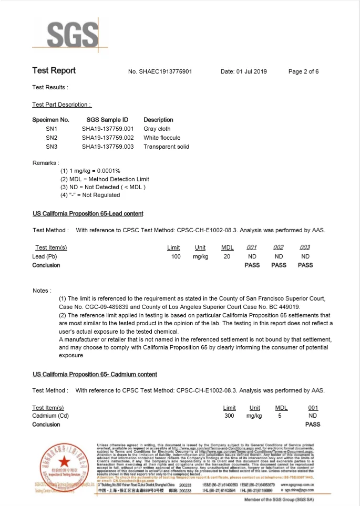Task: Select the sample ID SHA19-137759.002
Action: pos(108,137)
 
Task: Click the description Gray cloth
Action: pos(157,128)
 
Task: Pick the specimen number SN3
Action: pos(52,147)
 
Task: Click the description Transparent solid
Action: pos(166,147)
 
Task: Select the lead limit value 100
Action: pos(176,256)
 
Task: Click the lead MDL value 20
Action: pos(227,256)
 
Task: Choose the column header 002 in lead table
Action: pos(279,247)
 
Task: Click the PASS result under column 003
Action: pos(305,265)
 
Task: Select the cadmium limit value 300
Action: pos(229,416)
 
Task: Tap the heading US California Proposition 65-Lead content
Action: pos(88,214)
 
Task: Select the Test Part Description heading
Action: pos(61,105)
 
